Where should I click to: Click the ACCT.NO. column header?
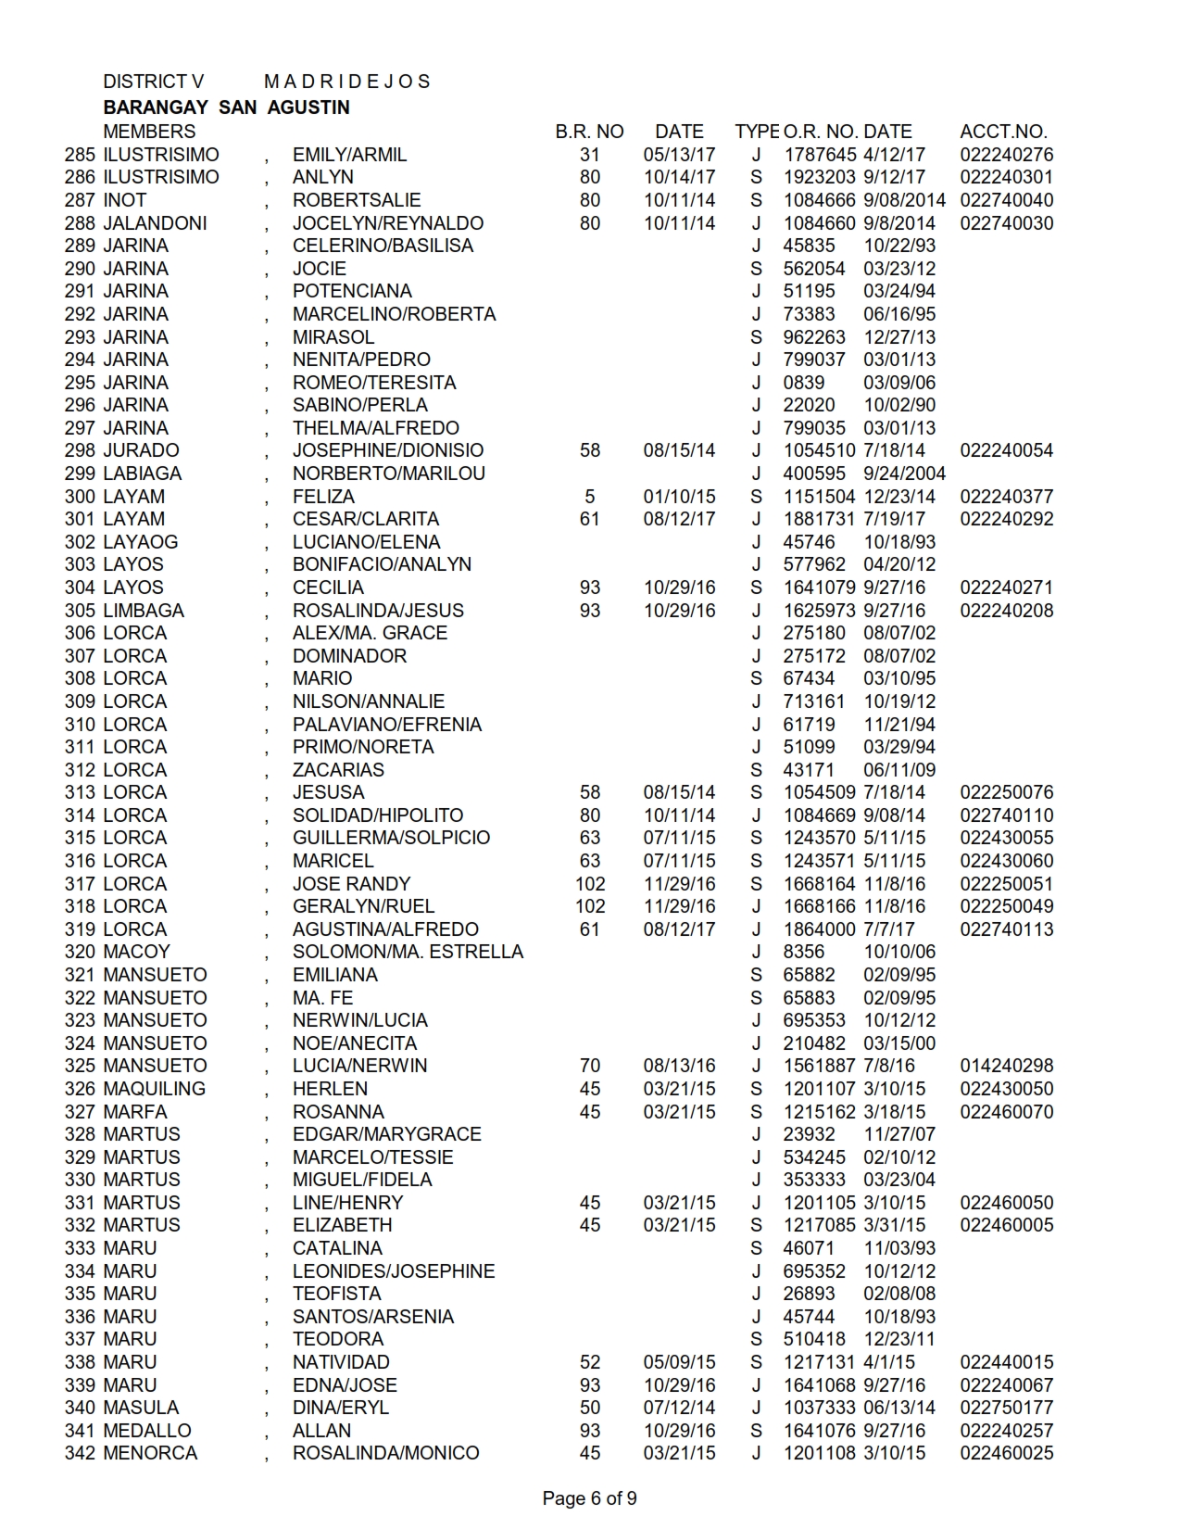coord(1003,132)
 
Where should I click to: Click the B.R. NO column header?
coord(589,132)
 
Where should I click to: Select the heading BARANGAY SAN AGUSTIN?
coord(226,107)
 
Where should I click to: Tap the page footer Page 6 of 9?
coord(589,1498)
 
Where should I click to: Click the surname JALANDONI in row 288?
coord(155,223)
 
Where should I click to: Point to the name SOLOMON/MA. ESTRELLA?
coord(408,952)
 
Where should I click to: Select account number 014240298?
coord(1006,1066)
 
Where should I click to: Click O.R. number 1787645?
coord(819,155)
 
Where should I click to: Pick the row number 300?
coord(80,497)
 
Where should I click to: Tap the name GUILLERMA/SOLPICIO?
coord(391,838)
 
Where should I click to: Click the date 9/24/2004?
coord(904,474)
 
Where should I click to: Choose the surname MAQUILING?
coord(154,1089)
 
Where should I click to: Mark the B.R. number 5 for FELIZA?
coord(589,497)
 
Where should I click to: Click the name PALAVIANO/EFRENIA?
coord(386,725)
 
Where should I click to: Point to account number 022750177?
coord(1006,1408)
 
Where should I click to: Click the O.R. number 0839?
coord(803,383)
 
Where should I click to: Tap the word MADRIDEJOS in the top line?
coord(346,82)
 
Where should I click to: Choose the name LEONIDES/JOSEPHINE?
coord(393,1271)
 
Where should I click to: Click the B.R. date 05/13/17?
coord(679,155)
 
